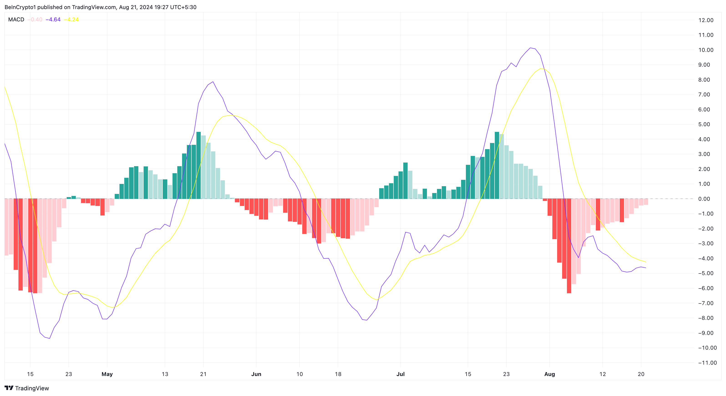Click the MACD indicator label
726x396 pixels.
pos(16,19)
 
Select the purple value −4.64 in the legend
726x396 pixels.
pos(53,19)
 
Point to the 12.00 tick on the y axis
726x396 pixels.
pos(706,20)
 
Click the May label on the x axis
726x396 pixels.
pos(107,374)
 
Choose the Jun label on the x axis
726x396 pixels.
pos(256,374)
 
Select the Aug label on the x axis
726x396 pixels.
pos(549,374)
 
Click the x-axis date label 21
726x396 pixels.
pos(203,374)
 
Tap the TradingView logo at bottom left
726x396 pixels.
pos(27,388)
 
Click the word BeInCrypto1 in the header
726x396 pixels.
pos(20,7)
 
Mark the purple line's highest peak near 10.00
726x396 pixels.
pos(531,48)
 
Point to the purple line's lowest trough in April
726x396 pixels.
pos(50,338)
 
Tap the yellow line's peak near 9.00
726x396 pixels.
pos(541,68)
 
